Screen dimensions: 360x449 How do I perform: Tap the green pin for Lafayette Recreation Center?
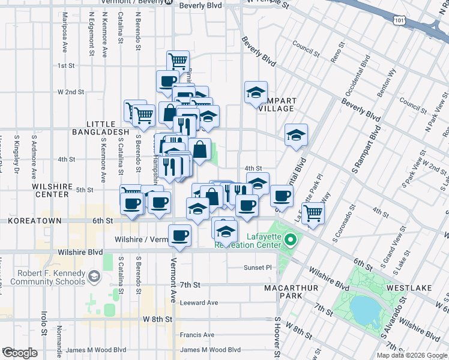pos(291,241)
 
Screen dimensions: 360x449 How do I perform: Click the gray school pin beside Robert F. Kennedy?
pos(94,277)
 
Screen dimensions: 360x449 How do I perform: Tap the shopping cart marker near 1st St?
pos(178,61)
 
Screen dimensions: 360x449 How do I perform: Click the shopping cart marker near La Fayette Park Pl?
pos(313,212)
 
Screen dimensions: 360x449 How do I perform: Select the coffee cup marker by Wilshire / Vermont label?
pos(179,235)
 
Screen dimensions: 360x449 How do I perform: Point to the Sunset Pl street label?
pos(258,268)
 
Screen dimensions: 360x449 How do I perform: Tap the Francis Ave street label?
pos(197,335)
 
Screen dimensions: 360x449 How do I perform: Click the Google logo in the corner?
pos(20,353)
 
